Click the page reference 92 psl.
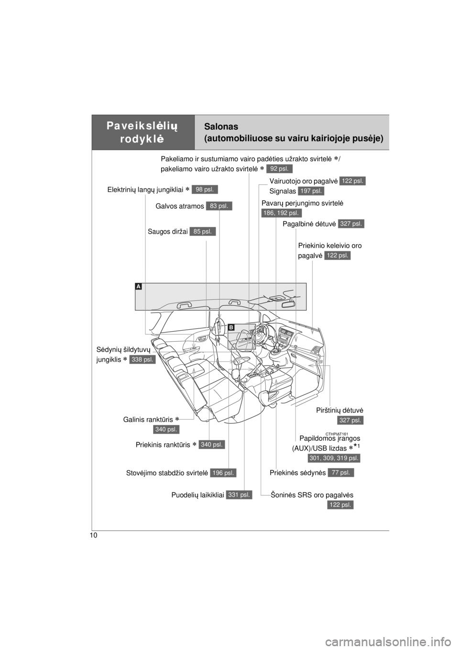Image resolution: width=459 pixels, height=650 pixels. pyautogui.click(x=279, y=168)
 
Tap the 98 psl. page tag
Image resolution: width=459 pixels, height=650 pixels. pyautogui.click(x=205, y=190)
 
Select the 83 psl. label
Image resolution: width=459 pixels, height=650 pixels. pyautogui.click(x=219, y=206)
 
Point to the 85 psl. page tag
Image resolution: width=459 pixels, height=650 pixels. pyautogui.click(x=203, y=232)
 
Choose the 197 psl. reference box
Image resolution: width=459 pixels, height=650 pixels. pyautogui.click(x=311, y=191)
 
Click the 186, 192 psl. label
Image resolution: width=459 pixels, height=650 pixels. pyautogui.click(x=282, y=213)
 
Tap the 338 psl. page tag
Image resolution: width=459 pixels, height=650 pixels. pyautogui.click(x=142, y=360)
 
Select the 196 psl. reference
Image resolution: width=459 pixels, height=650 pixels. pyautogui.click(x=223, y=473)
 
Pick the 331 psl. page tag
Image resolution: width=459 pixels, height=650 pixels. pyautogui.click(x=239, y=495)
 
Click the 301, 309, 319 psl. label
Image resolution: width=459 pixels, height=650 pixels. pyautogui.click(x=333, y=458)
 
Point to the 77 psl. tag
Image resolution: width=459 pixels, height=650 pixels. pyautogui.click(x=341, y=472)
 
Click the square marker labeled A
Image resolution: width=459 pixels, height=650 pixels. pyautogui.click(x=138, y=286)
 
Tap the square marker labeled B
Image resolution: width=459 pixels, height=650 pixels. pyautogui.click(x=231, y=327)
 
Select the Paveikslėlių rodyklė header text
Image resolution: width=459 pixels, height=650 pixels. pyautogui.click(x=143, y=132)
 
